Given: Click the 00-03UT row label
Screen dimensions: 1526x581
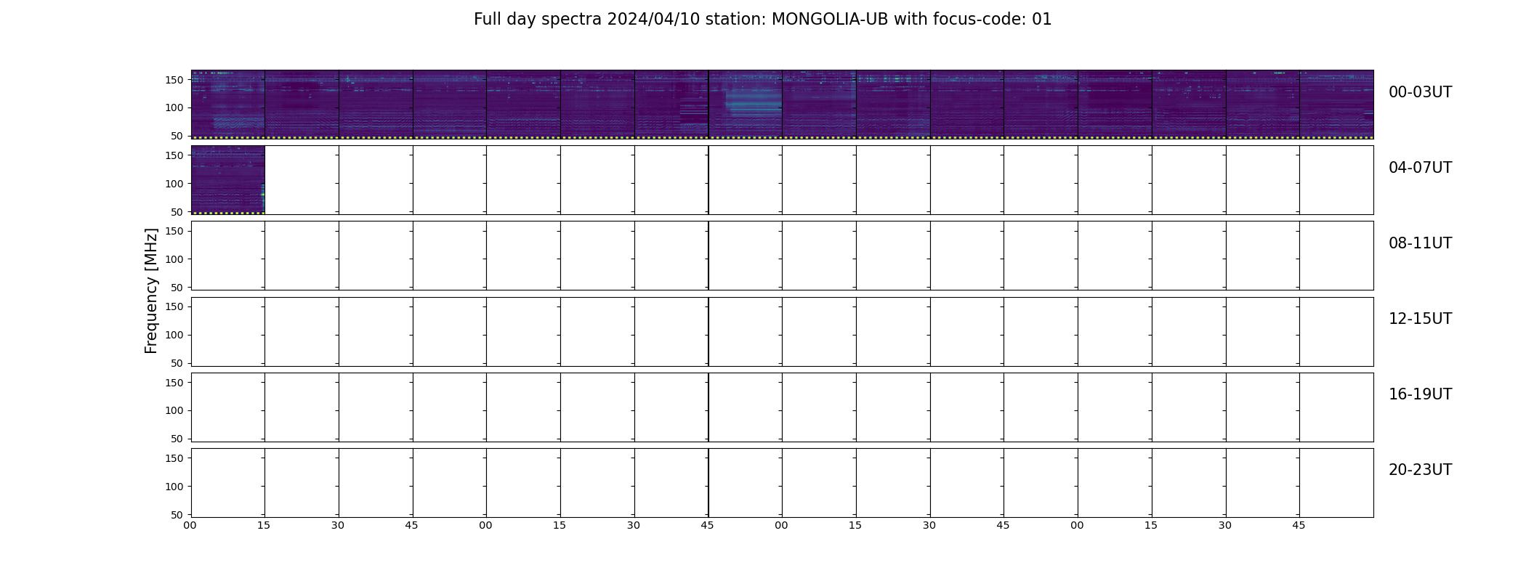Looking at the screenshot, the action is pyautogui.click(x=1420, y=92).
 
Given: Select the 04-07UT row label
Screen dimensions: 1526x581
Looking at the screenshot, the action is pyautogui.click(x=1420, y=168).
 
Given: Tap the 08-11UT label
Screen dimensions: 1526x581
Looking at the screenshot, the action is pyautogui.click(x=1420, y=243).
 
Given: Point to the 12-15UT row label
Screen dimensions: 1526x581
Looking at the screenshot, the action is pyautogui.click(x=1420, y=319).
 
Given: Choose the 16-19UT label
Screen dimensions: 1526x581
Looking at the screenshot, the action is pyautogui.click(x=1420, y=394).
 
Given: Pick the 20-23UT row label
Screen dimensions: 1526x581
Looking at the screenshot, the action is pyautogui.click(x=1420, y=470).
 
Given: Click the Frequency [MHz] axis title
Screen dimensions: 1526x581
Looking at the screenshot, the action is pyautogui.click(x=151, y=290).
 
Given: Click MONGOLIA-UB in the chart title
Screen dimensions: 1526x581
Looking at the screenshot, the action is pyautogui.click(x=830, y=20).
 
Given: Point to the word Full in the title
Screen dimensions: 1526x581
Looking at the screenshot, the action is pyautogui.click(x=488, y=20).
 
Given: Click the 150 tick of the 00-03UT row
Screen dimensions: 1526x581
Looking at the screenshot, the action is pyautogui.click(x=174, y=80).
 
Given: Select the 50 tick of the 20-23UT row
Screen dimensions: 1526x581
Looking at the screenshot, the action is pyautogui.click(x=177, y=515).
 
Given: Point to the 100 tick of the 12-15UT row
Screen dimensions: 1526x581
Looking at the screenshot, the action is pyautogui.click(x=174, y=335).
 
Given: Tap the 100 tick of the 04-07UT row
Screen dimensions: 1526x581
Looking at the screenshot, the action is pyautogui.click(x=174, y=184).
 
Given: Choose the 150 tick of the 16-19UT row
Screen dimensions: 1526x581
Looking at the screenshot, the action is pyautogui.click(x=174, y=383).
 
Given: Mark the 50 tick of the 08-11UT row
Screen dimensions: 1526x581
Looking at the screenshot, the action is pyautogui.click(x=177, y=288).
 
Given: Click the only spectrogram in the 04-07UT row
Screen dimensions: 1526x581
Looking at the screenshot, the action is pyautogui.click(x=228, y=180).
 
